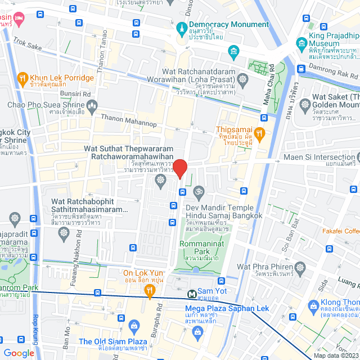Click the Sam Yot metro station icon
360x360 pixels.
(x=192, y=294)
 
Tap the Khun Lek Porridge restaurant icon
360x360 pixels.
(x=23, y=77)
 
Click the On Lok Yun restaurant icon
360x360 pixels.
(x=149, y=290)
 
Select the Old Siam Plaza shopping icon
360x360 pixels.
(x=134, y=325)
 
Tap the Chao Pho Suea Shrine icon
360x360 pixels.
(x=93, y=105)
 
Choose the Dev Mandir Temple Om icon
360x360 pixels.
(x=197, y=193)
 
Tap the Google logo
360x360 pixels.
(x=19, y=353)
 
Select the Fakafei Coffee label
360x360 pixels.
(x=341, y=231)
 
